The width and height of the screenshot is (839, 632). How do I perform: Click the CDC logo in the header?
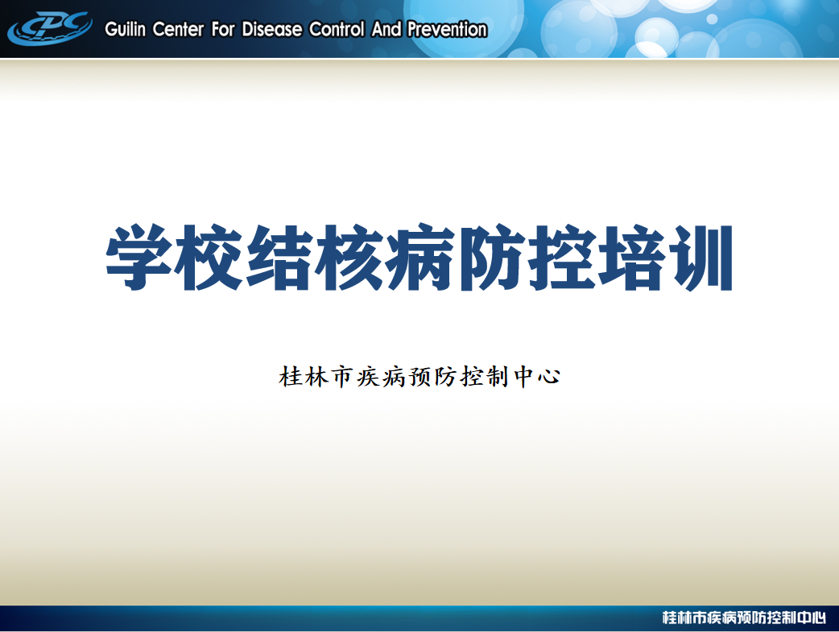[x=49, y=28]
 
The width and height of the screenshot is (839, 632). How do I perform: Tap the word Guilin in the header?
[x=126, y=29]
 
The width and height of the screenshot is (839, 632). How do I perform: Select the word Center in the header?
[x=178, y=29]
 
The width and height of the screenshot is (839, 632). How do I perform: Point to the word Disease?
[x=272, y=29]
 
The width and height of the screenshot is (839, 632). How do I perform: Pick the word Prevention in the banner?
[x=448, y=29]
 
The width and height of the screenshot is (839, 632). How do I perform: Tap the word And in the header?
[x=386, y=29]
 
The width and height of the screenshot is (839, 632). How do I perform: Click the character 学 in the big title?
[x=139, y=258]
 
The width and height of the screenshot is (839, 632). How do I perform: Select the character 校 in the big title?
[x=209, y=258]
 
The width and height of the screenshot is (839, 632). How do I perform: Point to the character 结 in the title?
[x=279, y=258]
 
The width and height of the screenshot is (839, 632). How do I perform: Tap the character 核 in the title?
[x=349, y=258]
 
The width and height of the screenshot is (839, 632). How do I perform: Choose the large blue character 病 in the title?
[x=419, y=258]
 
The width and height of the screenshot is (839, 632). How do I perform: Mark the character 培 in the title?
[x=630, y=258]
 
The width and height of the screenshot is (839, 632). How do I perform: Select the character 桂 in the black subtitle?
[x=290, y=377]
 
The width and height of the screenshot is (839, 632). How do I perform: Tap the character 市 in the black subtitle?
[x=342, y=377]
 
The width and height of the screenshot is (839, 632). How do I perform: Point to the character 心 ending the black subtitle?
[x=549, y=377]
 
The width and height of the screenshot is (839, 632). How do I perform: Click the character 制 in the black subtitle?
[x=498, y=377]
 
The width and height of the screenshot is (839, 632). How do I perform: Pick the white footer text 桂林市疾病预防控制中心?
[x=744, y=618]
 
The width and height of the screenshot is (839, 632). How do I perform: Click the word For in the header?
[x=222, y=29]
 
